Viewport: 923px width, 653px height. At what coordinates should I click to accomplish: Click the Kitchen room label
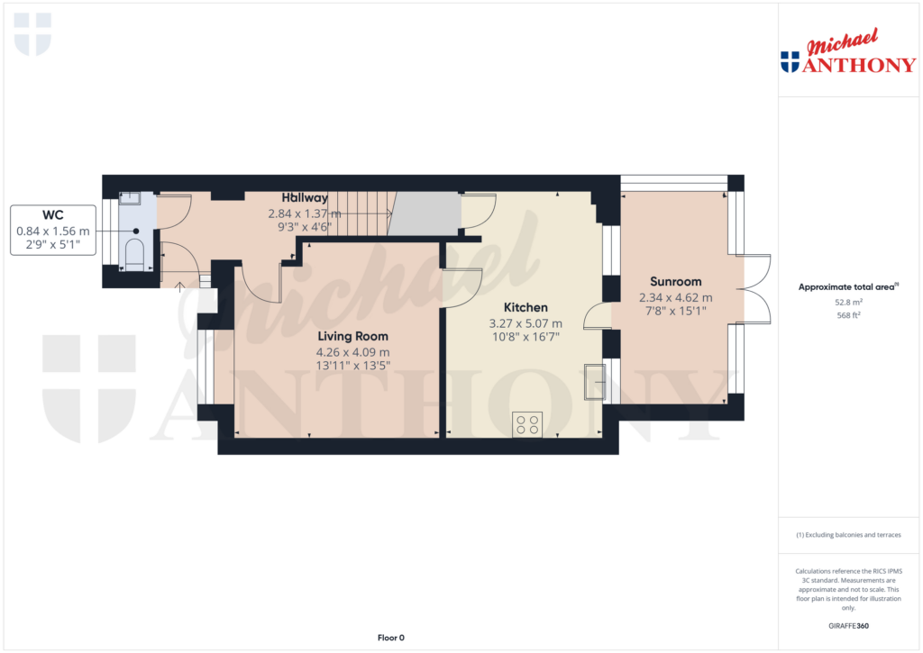point(525,307)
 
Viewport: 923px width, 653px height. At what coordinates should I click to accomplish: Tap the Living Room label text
point(352,336)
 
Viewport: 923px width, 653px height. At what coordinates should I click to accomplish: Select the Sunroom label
point(675,282)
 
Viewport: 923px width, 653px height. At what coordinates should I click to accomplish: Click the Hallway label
point(305,198)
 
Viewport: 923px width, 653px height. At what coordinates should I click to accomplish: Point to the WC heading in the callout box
point(52,215)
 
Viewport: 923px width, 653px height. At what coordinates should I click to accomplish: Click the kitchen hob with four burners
point(526,424)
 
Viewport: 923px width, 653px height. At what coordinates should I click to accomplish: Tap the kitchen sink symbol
point(594,380)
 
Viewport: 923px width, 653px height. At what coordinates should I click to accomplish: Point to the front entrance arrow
point(180,287)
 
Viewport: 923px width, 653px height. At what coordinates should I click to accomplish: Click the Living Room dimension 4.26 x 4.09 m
point(352,352)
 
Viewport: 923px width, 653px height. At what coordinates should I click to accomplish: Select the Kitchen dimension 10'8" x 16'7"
point(525,337)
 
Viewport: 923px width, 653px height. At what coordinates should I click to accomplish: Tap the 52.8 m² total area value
point(847,304)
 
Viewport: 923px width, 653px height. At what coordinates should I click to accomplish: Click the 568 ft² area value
point(847,316)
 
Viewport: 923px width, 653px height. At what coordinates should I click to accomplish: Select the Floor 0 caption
point(390,638)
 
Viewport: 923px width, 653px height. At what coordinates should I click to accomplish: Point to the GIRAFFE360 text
point(847,626)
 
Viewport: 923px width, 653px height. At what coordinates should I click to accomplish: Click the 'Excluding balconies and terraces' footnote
point(847,535)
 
